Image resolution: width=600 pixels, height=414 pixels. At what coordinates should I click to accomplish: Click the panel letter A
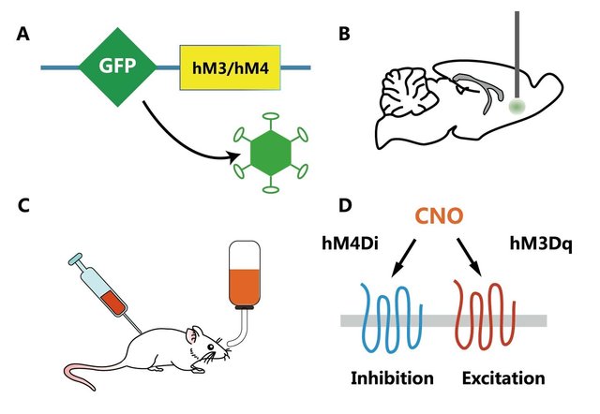coord(23,36)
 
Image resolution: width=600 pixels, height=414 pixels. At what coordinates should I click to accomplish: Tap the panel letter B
coord(344,36)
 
